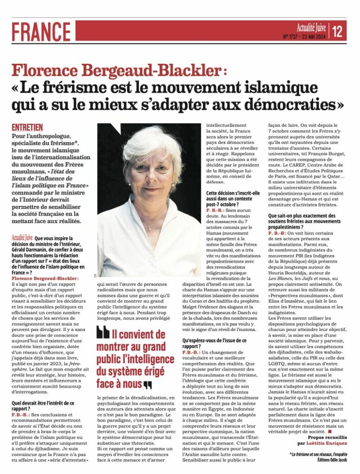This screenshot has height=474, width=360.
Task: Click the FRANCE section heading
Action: click(x=42, y=31)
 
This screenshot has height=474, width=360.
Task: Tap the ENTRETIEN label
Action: click(x=27, y=127)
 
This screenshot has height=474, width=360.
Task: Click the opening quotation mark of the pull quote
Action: click(x=103, y=332)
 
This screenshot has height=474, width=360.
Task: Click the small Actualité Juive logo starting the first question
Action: click(x=22, y=239)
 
